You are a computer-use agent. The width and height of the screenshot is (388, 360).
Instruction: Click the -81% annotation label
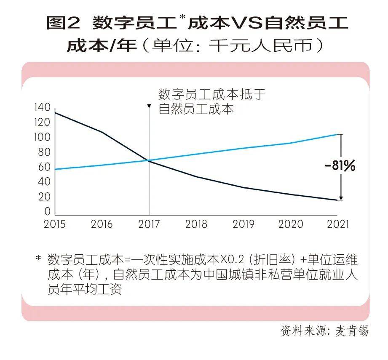340,166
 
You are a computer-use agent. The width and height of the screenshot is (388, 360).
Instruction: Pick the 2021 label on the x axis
338,224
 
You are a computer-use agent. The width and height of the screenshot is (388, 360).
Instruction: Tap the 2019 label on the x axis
244,224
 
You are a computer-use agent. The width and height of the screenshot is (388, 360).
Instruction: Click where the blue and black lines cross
149,160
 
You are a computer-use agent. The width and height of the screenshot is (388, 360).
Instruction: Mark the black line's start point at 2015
55,112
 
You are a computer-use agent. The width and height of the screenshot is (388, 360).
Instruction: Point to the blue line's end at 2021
337,134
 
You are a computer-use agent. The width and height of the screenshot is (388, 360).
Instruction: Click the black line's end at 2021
337,200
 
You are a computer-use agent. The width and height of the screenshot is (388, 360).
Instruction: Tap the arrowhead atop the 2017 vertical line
149,106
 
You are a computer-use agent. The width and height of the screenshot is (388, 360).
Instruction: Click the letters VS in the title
247,23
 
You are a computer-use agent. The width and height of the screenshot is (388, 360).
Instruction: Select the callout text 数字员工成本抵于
212,94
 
